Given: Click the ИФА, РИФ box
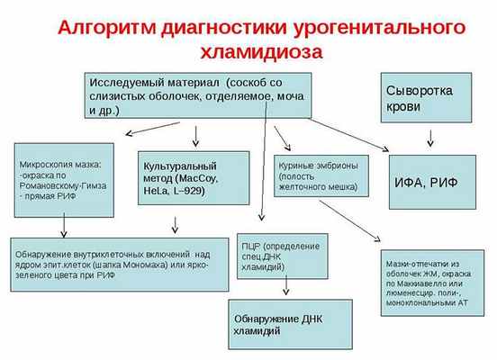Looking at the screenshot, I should click(431, 183).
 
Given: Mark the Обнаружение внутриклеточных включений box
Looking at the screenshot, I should click(120, 263).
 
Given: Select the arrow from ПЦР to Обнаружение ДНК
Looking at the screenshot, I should click(286, 287).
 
